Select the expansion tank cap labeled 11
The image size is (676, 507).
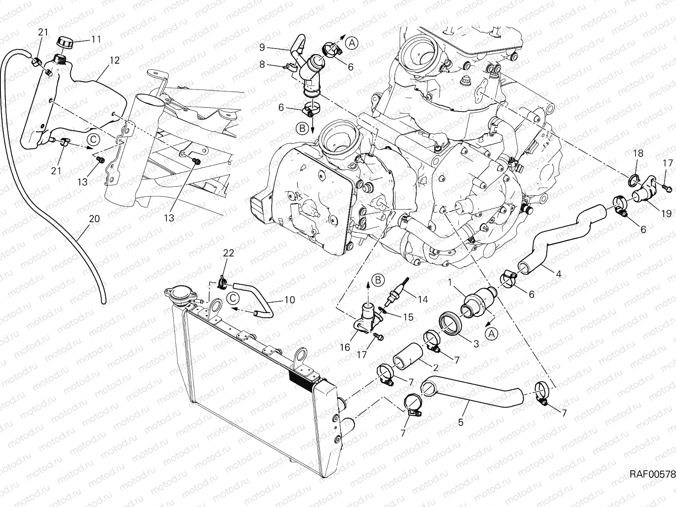point(65,43)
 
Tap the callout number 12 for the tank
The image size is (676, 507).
point(114,60)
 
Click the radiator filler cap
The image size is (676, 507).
point(177,294)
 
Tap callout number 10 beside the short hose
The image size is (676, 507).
point(289,300)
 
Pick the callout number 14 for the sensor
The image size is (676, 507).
point(422,300)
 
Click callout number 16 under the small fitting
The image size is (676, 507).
point(345,347)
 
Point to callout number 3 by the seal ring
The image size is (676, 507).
point(476,344)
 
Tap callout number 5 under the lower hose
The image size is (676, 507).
point(461,422)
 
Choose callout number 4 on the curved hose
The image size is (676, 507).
point(558,274)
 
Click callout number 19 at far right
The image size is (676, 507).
point(666,214)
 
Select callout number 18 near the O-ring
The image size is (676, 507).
point(638,153)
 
